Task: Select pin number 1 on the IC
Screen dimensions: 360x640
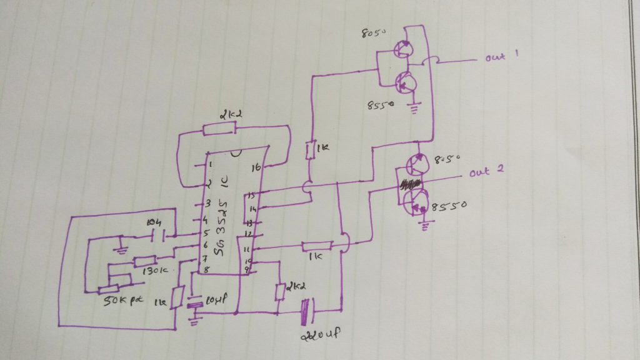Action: coord(212,164)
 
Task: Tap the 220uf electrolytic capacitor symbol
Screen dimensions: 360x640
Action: coord(307,311)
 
